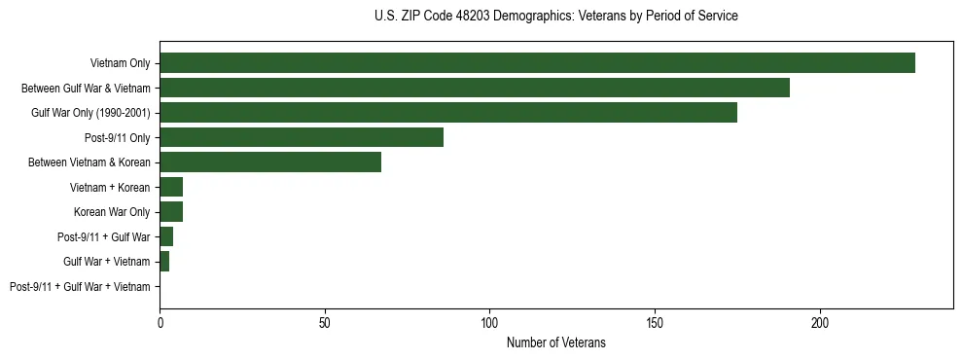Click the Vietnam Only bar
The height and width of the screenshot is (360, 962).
tap(537, 63)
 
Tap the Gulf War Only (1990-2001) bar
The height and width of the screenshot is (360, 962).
tap(448, 113)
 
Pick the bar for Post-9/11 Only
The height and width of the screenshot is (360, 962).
tap(302, 137)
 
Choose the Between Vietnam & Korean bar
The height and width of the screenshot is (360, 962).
tap(270, 162)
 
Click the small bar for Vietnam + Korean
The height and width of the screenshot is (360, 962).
tap(171, 187)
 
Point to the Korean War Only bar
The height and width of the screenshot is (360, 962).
tap(171, 212)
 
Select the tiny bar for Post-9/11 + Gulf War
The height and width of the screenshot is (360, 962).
tap(166, 236)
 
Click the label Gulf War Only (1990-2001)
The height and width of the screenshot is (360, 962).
tap(90, 113)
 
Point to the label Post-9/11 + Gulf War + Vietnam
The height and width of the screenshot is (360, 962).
tap(80, 287)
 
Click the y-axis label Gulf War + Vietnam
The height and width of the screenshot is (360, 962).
tap(106, 262)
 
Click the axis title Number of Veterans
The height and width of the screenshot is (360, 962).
tap(555, 342)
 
